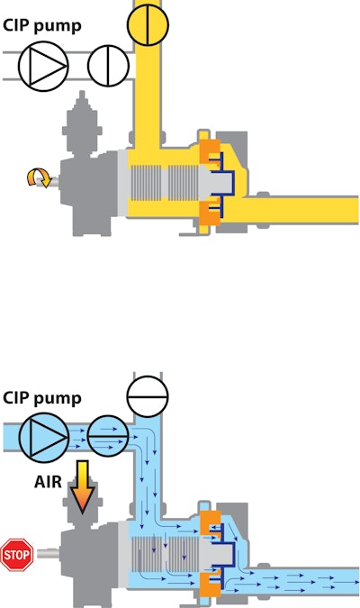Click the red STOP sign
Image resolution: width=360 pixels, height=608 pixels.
tap(17, 555)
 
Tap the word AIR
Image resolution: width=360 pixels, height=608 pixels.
tap(48, 482)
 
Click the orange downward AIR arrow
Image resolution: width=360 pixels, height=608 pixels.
tap(83, 487)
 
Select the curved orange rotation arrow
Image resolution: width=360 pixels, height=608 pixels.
tap(39, 178)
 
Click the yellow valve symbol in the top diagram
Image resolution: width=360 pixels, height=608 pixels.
tap(148, 25)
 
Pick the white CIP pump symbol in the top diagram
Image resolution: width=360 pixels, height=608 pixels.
tap(43, 66)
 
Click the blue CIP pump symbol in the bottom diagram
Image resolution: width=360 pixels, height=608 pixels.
tap(44, 438)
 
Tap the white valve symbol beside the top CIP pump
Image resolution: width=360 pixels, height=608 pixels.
tap(109, 66)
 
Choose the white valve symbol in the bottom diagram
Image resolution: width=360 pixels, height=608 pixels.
tap(148, 396)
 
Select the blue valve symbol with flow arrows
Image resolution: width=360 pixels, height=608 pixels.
tap(109, 436)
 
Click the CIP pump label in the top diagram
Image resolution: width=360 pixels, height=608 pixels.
tap(42, 27)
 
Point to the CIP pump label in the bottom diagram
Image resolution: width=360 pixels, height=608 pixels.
tap(42, 399)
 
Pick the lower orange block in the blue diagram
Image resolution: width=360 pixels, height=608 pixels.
tap(211, 585)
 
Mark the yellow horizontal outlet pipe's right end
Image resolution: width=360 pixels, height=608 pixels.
tap(357, 210)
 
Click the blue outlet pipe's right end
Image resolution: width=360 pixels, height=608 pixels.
tap(357, 582)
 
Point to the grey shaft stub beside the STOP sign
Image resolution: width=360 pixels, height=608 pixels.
tap(49, 553)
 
